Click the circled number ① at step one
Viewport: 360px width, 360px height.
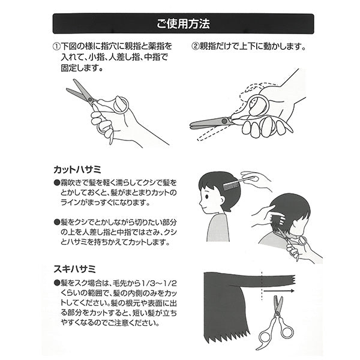click(56, 46)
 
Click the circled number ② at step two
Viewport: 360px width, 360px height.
click(196, 46)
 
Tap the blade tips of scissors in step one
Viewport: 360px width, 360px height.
click(71, 90)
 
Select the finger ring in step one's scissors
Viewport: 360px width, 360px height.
click(119, 105)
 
